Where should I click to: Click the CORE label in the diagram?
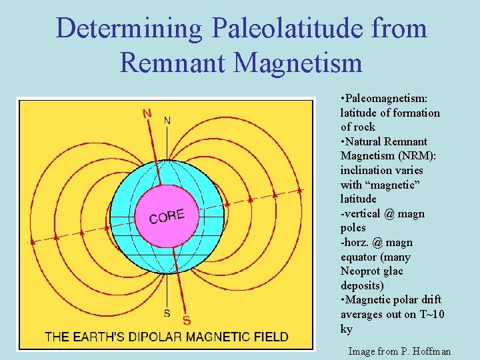[166, 217]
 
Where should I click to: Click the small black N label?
[167, 120]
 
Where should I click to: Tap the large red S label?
[187, 321]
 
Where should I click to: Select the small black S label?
[167, 313]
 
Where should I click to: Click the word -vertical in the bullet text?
[362, 213]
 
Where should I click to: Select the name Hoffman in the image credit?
[428, 351]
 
